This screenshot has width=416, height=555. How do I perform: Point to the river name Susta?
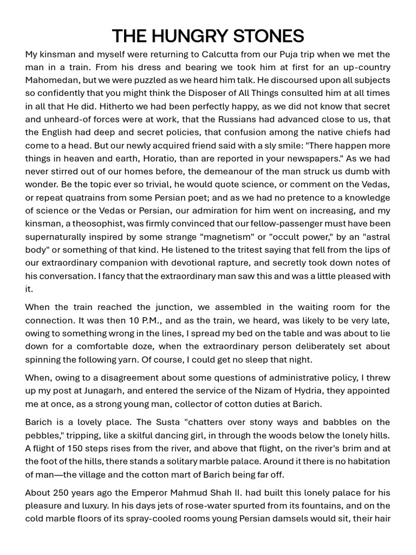(x=150, y=422)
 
